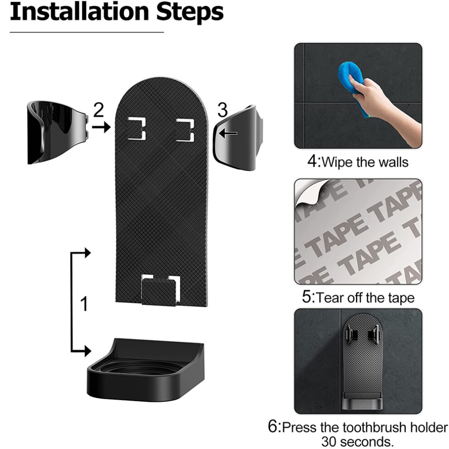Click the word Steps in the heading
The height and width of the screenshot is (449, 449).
pyautogui.click(x=190, y=13)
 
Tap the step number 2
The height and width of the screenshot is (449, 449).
pyautogui.click(x=98, y=110)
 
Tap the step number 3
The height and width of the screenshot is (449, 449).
pyautogui.click(x=222, y=110)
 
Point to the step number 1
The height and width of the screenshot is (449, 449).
pyautogui.click(x=84, y=304)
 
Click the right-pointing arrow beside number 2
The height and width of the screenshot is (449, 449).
pyautogui.click(x=101, y=126)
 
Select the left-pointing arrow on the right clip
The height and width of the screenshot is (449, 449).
pyautogui.click(x=228, y=133)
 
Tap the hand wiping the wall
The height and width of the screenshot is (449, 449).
pyautogui.click(x=384, y=106)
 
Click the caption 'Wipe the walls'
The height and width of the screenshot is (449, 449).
pyautogui.click(x=358, y=162)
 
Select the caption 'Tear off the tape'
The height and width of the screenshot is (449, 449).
pyautogui.click(x=358, y=298)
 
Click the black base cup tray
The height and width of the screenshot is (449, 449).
pyautogui.click(x=146, y=370)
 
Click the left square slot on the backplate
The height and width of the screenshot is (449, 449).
pyautogui.click(x=137, y=129)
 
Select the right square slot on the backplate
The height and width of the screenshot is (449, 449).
pyautogui.click(x=185, y=130)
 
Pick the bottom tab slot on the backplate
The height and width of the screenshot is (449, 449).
pyautogui.click(x=161, y=290)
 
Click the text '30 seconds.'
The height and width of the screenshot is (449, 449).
pyautogui.click(x=357, y=441)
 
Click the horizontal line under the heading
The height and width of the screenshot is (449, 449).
pyautogui.click(x=87, y=32)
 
